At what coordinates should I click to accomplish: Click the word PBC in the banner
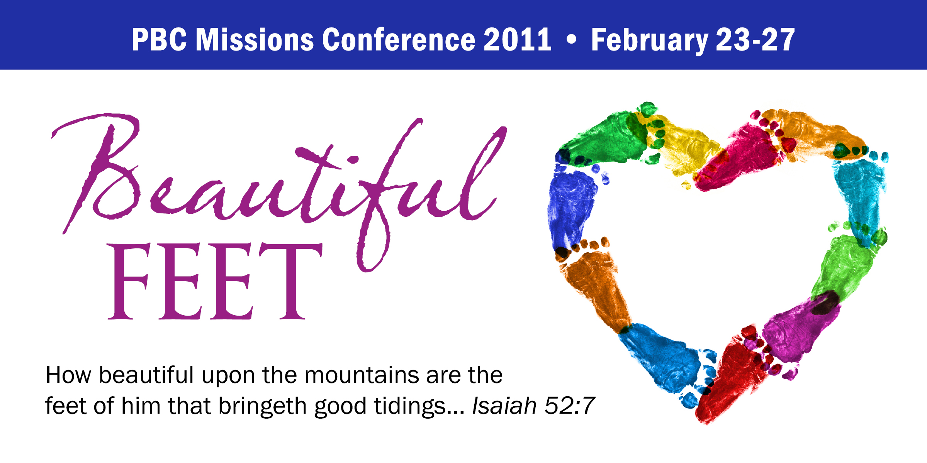(x=160, y=39)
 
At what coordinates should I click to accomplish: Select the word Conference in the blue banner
(x=399, y=39)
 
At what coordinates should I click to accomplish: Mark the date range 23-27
(x=755, y=39)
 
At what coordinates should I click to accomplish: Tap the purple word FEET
(x=215, y=281)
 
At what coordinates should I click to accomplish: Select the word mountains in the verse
(x=362, y=375)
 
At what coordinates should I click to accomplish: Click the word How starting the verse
(x=68, y=375)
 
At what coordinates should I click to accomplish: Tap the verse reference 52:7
(x=569, y=406)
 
